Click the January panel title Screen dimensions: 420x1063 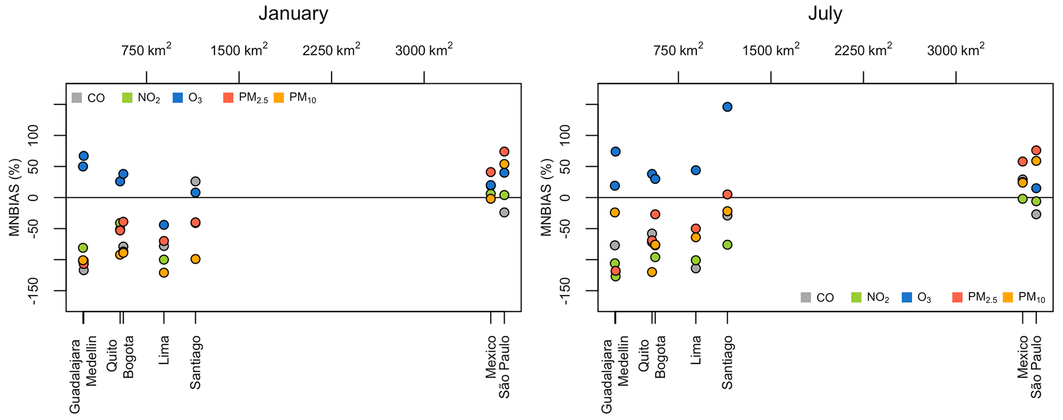pos(293,13)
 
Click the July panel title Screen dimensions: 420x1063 pos(825,13)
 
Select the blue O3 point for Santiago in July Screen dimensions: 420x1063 pos(727,107)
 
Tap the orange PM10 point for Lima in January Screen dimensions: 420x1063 pos(164,272)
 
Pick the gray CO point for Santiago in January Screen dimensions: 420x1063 pos(195,181)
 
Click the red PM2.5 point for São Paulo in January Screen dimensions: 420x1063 pos(505,152)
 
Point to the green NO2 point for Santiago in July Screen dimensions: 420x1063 pos(727,245)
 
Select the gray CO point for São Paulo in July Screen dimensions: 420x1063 pos(1036,214)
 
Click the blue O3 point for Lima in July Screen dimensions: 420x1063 pos(696,170)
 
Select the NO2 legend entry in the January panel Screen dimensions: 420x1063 pos(141,98)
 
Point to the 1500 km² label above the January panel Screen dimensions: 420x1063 pos(239,50)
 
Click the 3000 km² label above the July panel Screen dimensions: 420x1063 pos(956,50)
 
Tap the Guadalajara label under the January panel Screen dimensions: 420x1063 pos(75,376)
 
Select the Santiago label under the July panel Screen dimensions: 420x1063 pos(727,362)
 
